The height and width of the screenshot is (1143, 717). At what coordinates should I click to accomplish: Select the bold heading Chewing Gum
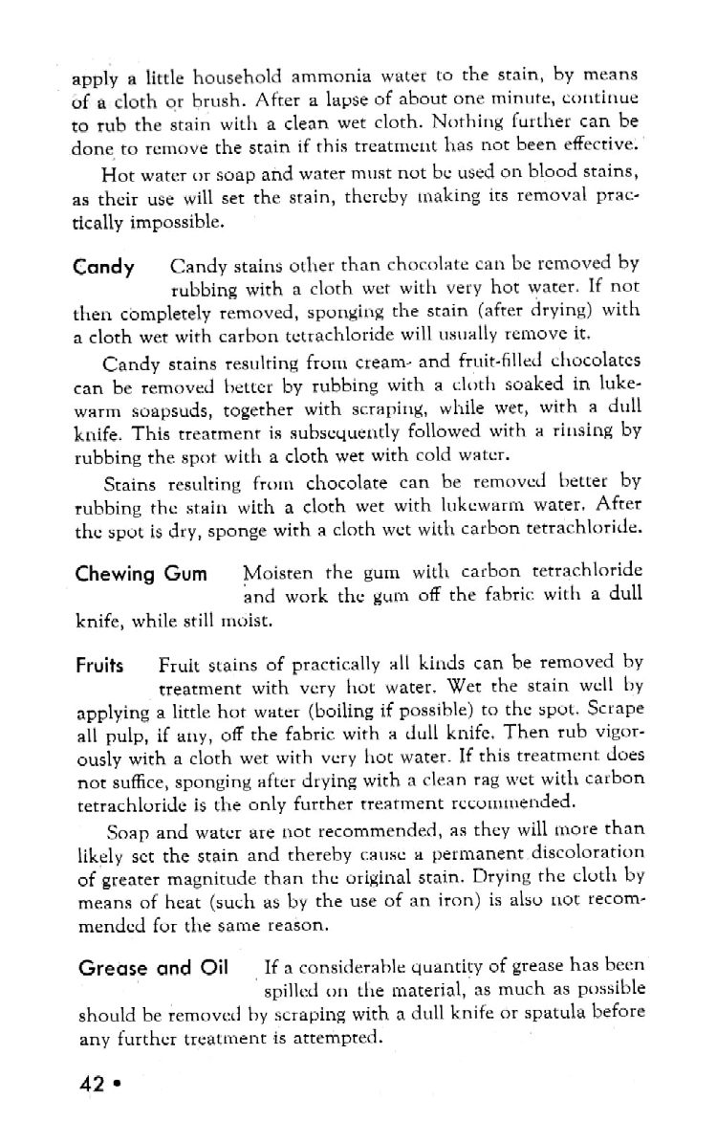tap(141, 574)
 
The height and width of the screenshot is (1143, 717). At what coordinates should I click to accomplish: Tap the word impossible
tap(184, 223)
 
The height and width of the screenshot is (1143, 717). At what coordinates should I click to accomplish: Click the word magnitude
tap(195, 876)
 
